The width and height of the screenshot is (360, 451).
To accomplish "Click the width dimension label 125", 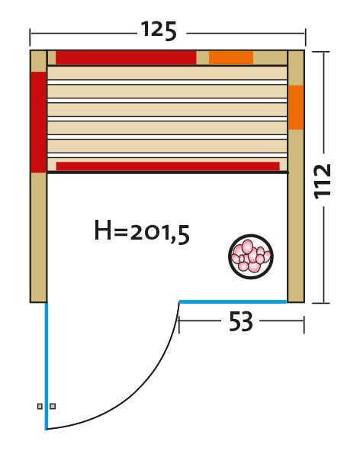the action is pos(159,31).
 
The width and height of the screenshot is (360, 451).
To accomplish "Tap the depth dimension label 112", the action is pos(323,182).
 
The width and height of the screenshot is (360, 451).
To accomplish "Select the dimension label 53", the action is pos(241,321).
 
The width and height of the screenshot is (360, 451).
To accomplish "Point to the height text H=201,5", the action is pos(142,233).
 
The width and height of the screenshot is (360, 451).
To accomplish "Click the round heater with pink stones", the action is pos(251,256).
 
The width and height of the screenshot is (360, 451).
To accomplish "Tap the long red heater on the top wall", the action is pos(126,58).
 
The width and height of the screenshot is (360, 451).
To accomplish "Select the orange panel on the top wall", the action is pos(231,58).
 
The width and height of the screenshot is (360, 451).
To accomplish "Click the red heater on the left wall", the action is pos(39,122).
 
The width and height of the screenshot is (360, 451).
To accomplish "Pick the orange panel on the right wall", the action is pos(296,108).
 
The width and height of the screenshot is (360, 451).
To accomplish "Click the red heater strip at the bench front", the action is pos(168,166).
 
